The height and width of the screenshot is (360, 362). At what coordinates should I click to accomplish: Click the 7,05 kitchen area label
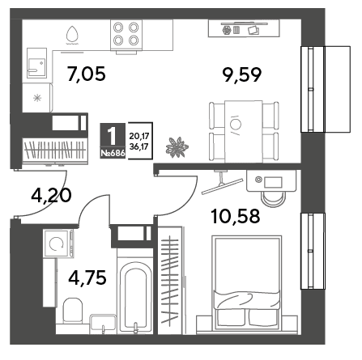click(x=87, y=74)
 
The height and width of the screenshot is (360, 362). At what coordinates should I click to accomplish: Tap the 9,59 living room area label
click(x=241, y=74)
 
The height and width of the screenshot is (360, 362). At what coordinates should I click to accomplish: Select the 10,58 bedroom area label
click(x=236, y=216)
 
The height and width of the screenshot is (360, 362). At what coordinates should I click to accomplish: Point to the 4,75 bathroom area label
click(x=87, y=277)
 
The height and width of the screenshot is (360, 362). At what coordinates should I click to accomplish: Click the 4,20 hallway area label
click(x=51, y=195)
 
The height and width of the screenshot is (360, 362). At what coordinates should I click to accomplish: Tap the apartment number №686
click(x=113, y=153)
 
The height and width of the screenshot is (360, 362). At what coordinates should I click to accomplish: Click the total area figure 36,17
click(x=139, y=146)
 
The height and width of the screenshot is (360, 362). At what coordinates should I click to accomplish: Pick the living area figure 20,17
click(x=139, y=136)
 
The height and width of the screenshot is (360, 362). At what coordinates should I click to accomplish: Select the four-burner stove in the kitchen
click(x=126, y=35)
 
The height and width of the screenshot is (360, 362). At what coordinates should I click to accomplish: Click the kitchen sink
click(x=37, y=64)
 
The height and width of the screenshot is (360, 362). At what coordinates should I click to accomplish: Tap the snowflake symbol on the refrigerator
click(x=37, y=98)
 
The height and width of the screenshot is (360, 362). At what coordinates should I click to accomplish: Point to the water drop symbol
click(x=72, y=35)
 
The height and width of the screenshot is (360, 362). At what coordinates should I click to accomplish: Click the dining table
click(x=244, y=132)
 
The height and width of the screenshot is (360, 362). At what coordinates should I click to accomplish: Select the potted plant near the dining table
click(x=177, y=147)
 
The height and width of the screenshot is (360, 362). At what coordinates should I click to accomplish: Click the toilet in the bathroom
click(x=73, y=311)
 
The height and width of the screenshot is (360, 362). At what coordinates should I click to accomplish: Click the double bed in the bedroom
click(x=247, y=282)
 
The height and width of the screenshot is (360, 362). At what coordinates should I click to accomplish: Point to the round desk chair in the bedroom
click(x=273, y=198)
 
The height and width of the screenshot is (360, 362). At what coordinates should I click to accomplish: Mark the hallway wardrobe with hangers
click(x=55, y=150)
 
